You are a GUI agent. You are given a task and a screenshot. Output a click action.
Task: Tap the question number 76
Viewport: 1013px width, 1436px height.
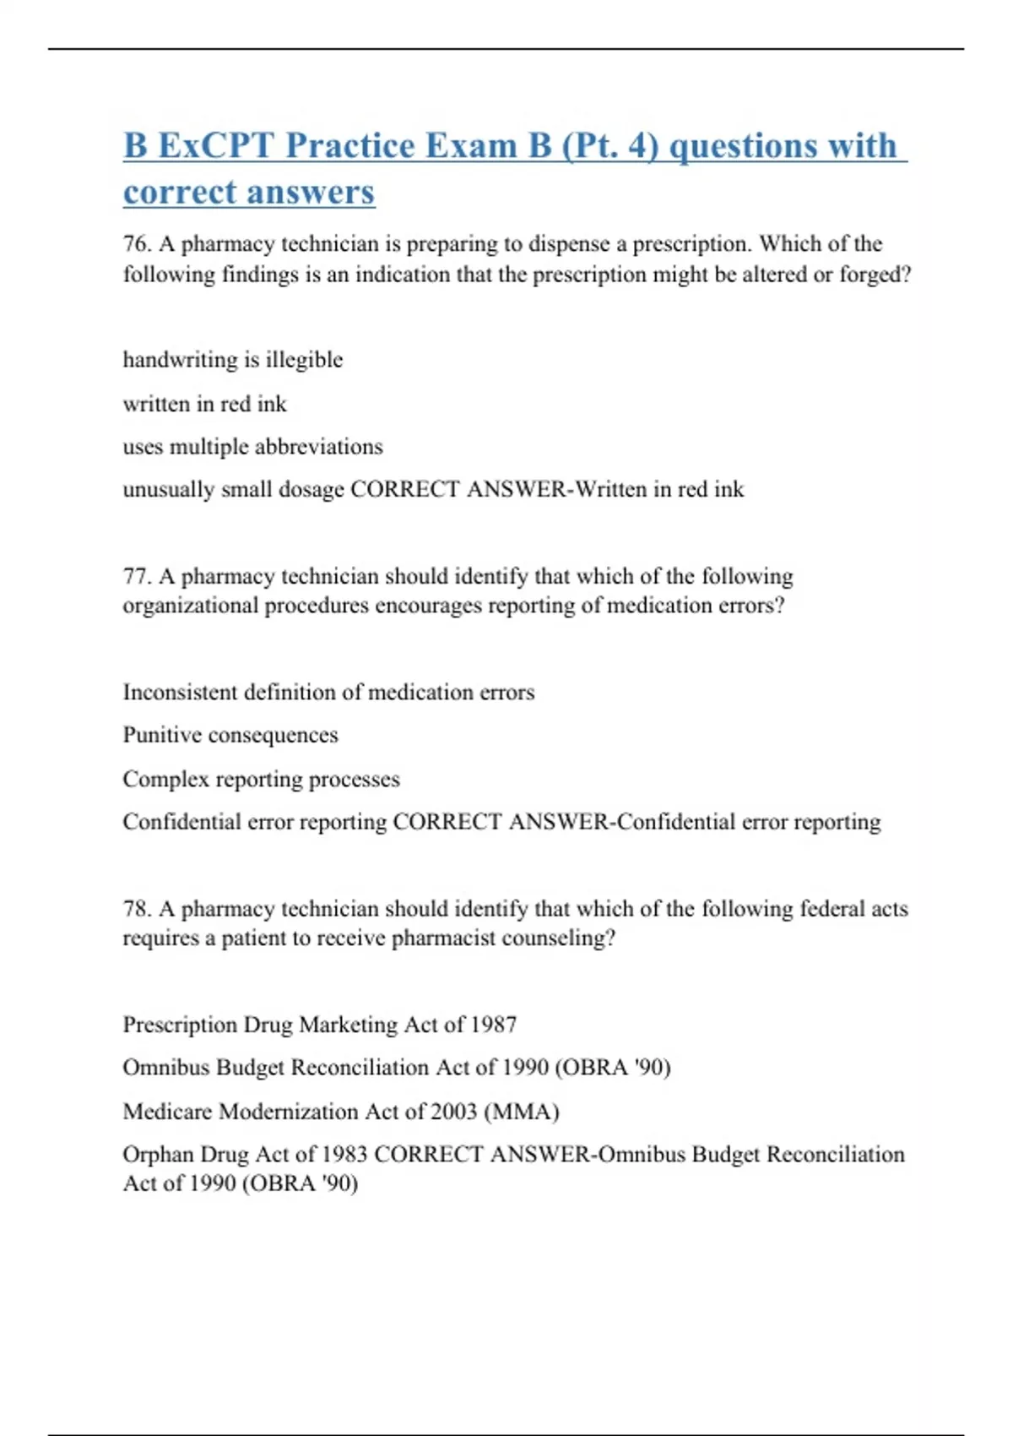(x=136, y=244)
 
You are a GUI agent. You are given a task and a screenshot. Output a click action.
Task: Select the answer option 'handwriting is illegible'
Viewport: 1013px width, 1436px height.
(x=233, y=360)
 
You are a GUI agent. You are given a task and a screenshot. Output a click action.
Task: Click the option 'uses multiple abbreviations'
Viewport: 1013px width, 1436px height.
(x=252, y=446)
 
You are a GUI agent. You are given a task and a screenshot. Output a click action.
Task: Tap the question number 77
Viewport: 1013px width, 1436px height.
(x=136, y=576)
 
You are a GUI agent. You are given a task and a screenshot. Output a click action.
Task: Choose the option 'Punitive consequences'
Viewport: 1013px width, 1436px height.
(x=230, y=735)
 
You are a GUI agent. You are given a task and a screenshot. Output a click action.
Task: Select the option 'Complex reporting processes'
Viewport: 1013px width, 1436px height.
(x=261, y=779)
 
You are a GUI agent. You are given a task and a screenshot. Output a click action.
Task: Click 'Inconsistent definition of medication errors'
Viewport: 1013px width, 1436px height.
(x=328, y=693)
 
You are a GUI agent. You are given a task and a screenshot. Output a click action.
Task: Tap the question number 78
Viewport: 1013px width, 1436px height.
(x=136, y=909)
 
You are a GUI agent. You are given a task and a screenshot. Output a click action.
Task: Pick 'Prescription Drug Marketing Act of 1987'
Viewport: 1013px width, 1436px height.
(x=320, y=1025)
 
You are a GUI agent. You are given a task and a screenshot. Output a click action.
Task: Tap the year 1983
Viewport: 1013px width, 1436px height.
(x=344, y=1155)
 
